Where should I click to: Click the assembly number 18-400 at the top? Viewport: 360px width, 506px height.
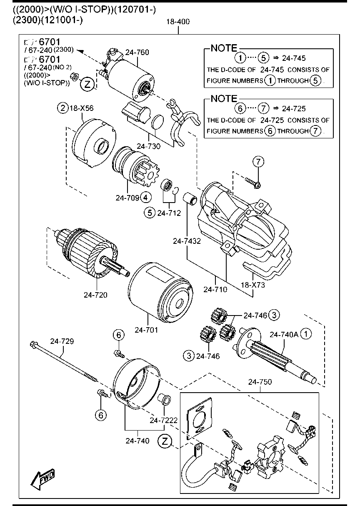pyautogui.click(x=178, y=22)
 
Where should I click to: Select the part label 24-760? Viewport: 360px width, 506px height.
pyautogui.click(x=137, y=52)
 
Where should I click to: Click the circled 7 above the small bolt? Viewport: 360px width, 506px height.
pyautogui.click(x=258, y=161)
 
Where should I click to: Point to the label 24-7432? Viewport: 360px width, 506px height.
pyautogui.click(x=187, y=240)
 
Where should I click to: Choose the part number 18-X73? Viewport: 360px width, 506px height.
pyautogui.click(x=252, y=286)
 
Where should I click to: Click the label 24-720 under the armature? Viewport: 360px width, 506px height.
pyautogui.click(x=95, y=295)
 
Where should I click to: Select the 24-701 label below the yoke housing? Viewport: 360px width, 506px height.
pyautogui.click(x=146, y=330)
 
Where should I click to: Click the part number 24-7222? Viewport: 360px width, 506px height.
pyautogui.click(x=164, y=420)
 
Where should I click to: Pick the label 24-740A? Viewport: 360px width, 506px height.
pyautogui.click(x=283, y=334)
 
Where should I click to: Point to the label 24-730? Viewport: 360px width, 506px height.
pyautogui.click(x=148, y=146)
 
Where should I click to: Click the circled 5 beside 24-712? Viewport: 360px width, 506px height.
pyautogui.click(x=150, y=213)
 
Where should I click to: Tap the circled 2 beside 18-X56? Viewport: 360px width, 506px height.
pyautogui.click(x=62, y=108)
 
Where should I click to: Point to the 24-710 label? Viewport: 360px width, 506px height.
pyautogui.click(x=215, y=289)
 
